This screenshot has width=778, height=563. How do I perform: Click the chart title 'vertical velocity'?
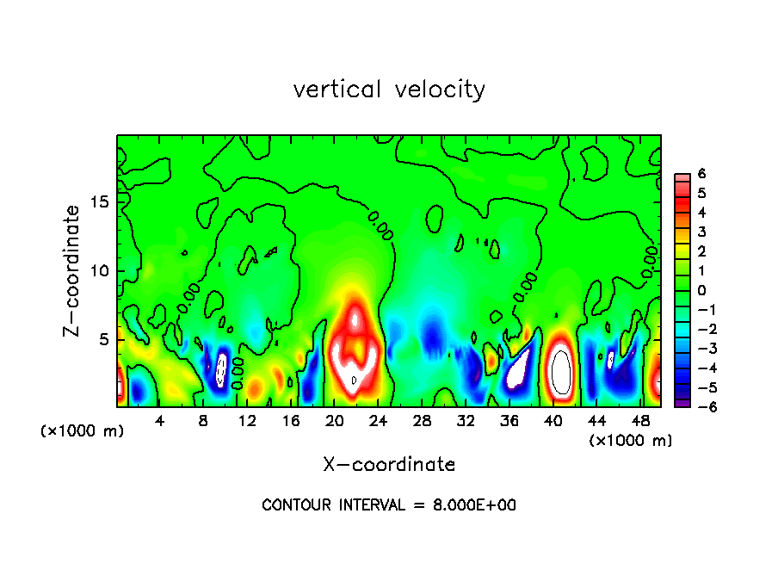tap(389, 89)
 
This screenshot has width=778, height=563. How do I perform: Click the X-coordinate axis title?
tap(389, 464)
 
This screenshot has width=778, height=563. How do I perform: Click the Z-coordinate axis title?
tap(72, 270)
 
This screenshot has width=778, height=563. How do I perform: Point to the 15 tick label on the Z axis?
tap(98, 201)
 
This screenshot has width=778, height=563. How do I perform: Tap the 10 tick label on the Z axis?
tap(98, 270)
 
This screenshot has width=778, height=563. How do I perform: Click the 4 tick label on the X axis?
tap(160, 422)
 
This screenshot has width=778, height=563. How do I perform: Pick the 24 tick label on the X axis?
tap(379, 422)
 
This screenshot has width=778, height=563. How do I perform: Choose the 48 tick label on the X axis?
tap(640, 422)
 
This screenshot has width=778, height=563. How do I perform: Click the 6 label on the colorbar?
tap(701, 174)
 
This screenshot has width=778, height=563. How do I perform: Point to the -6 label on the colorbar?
tap(698, 406)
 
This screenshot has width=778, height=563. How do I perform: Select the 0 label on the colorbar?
tap(701, 290)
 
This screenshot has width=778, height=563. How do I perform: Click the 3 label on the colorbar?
tap(701, 232)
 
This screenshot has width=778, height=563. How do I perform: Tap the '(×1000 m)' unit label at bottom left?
tap(83, 431)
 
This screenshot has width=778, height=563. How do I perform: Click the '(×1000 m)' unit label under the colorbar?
tap(630, 440)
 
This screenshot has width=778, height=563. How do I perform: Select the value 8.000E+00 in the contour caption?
tap(474, 505)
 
